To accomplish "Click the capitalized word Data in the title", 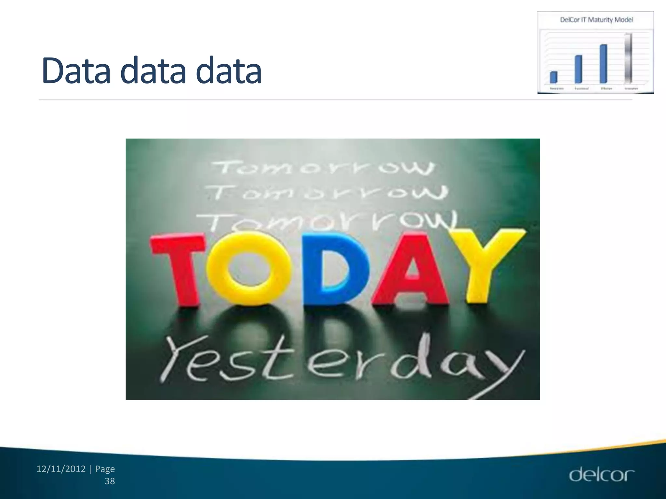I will click(76, 70).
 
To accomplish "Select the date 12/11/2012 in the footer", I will click(61, 469).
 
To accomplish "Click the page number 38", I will click(110, 481).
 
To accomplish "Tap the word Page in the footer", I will click(105, 469).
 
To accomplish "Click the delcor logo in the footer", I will click(601, 475).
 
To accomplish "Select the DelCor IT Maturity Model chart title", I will click(596, 20).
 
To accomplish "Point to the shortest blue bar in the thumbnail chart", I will click(553, 77).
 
